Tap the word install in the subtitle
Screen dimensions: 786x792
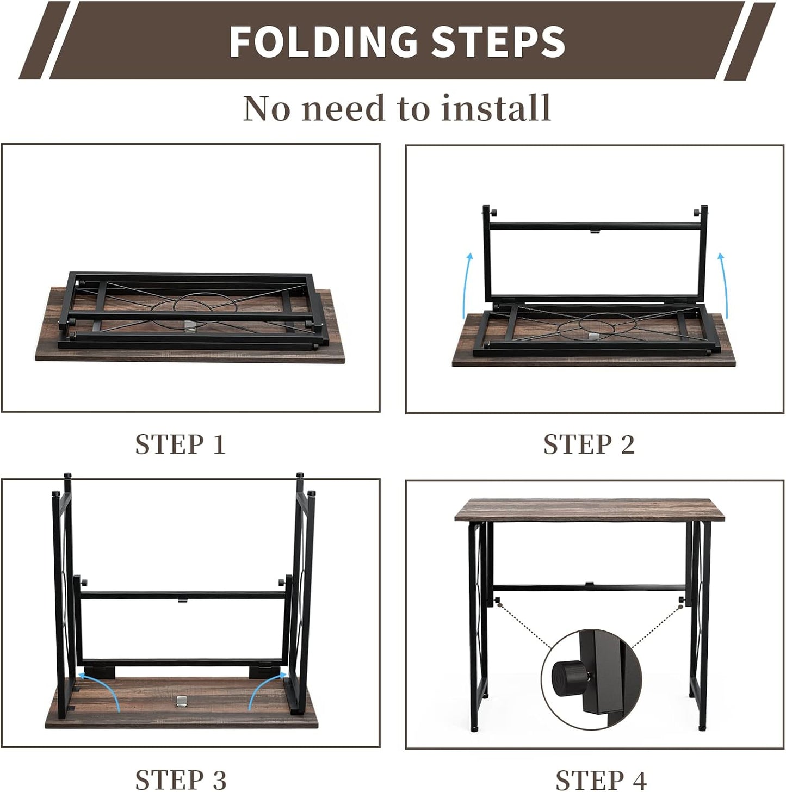tap(496, 108)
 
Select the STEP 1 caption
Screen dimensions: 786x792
tap(181, 444)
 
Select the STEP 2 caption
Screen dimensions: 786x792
tap(589, 444)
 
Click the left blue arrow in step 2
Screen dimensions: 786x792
tap(466, 286)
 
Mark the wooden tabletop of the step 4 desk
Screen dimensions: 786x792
tap(590, 510)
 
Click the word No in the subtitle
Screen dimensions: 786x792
tap(267, 109)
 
